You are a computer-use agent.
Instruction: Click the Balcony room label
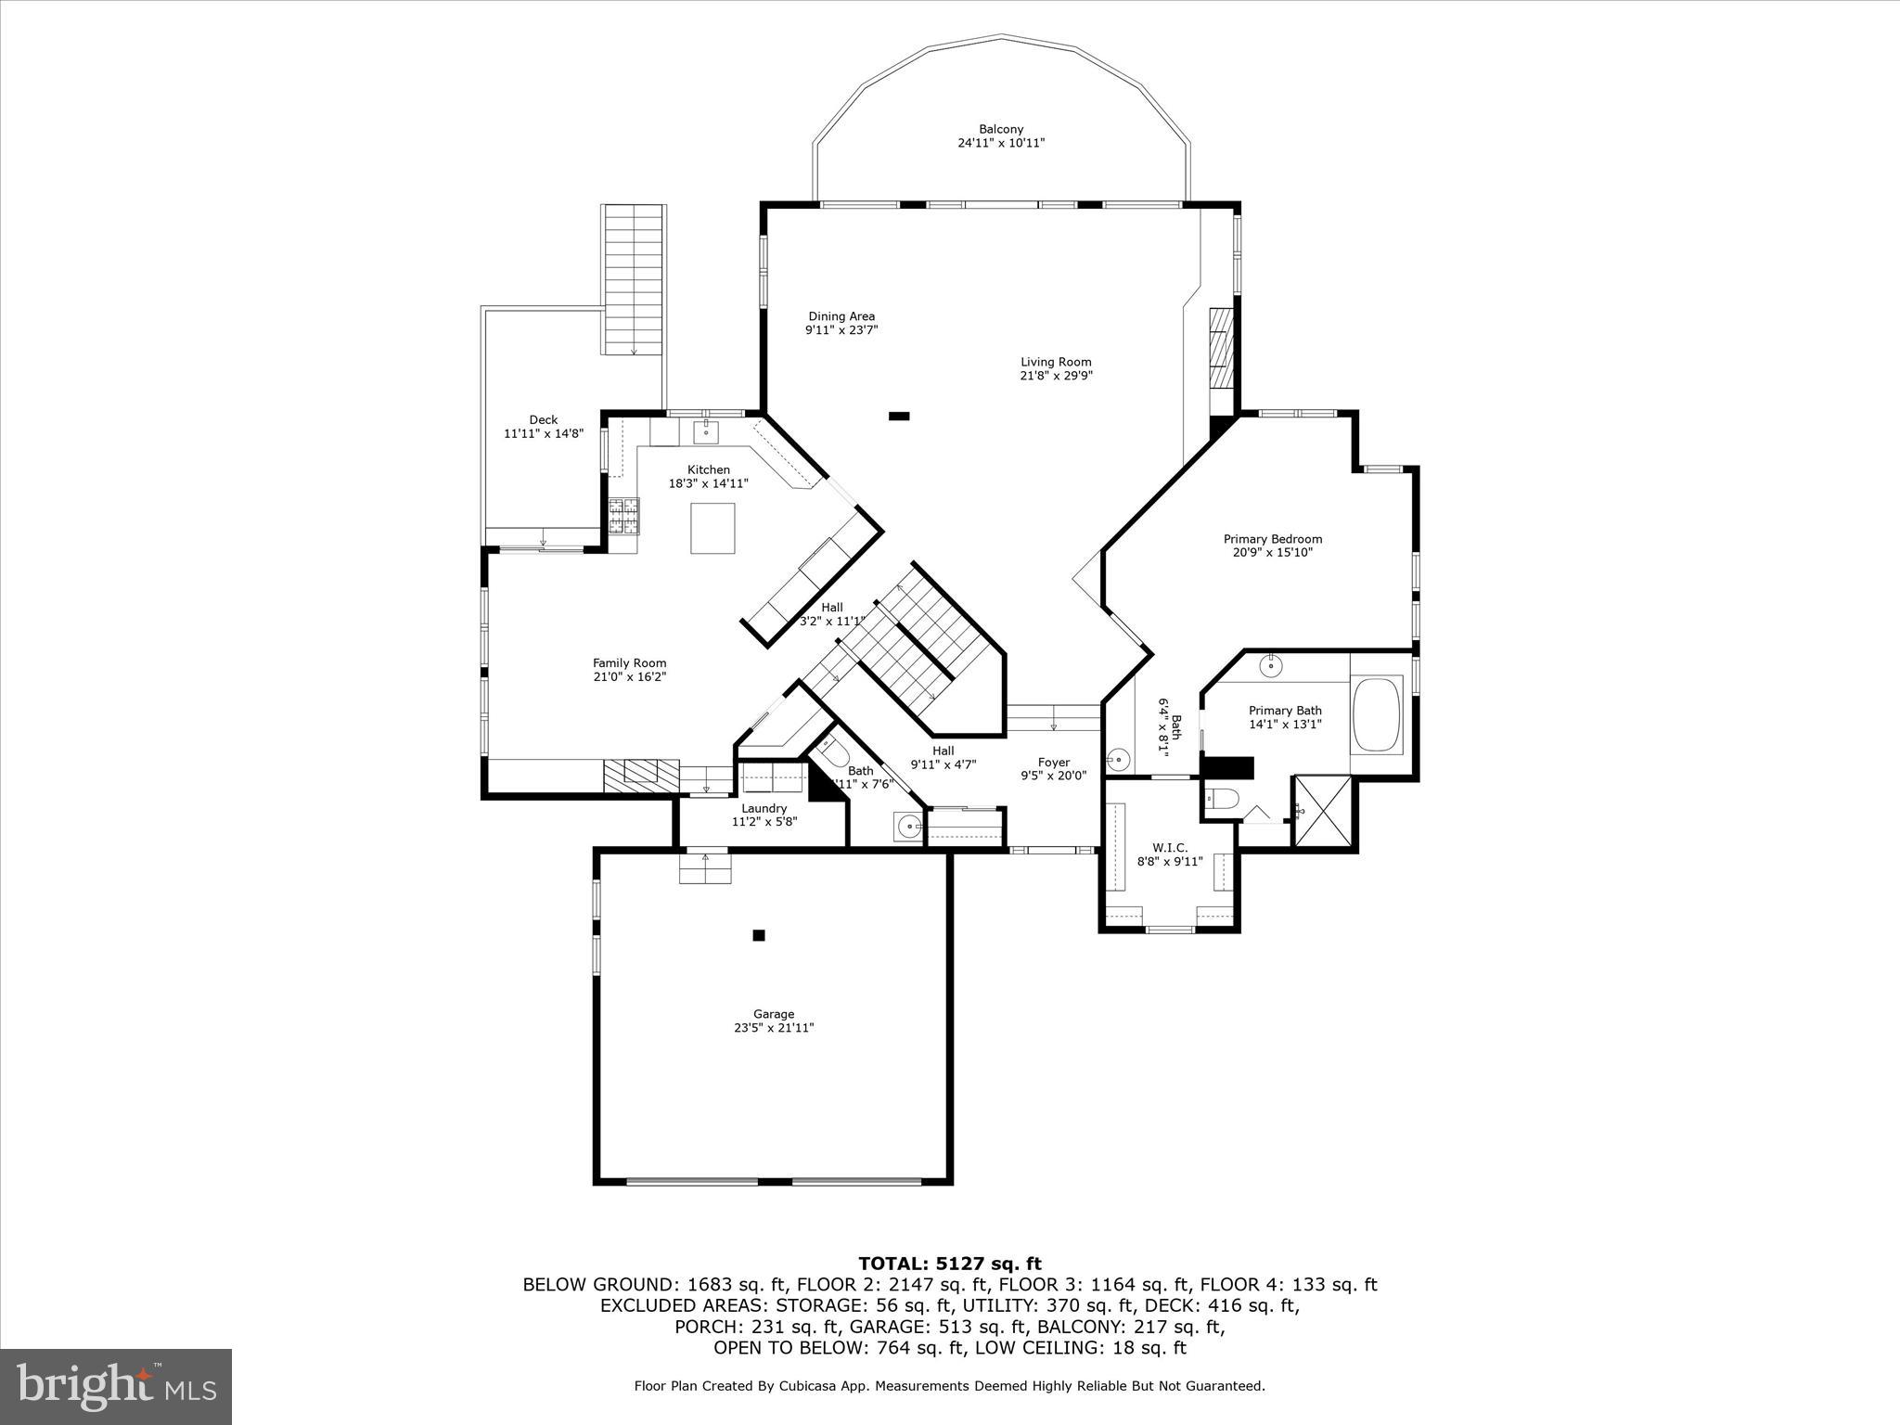click(x=1001, y=130)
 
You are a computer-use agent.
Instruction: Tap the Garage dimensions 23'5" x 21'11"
click(x=774, y=1028)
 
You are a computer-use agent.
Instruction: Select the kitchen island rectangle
click(x=712, y=528)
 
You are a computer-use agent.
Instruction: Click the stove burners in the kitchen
click(x=623, y=517)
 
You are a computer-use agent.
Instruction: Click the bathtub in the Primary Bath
click(x=1378, y=714)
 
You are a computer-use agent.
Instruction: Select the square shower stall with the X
click(x=1324, y=812)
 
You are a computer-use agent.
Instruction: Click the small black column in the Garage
click(x=758, y=935)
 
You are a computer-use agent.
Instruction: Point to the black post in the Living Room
click(x=898, y=417)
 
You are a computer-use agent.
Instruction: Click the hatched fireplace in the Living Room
click(x=1221, y=348)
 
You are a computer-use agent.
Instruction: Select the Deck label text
click(x=544, y=420)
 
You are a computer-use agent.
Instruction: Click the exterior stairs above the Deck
click(x=634, y=278)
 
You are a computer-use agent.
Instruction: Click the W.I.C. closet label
click(x=1169, y=848)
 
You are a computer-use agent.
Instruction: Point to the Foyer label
click(x=1054, y=763)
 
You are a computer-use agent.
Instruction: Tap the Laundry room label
click(x=764, y=808)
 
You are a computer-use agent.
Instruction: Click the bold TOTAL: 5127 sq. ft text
click(x=949, y=1264)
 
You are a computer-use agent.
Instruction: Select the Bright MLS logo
click(x=116, y=1386)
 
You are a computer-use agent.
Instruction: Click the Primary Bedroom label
click(x=1272, y=539)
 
